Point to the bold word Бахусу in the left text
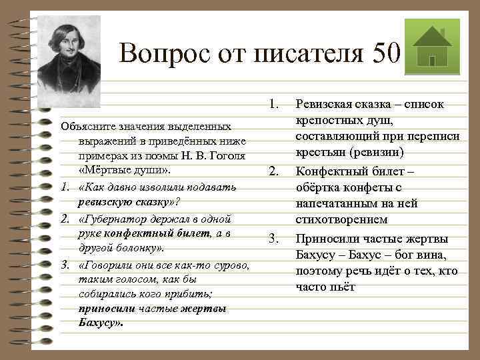click(x=98, y=324)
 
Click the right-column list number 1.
click(x=273, y=104)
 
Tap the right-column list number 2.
click(x=273, y=172)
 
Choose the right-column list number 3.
click(x=273, y=239)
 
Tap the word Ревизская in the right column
click(x=328, y=104)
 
